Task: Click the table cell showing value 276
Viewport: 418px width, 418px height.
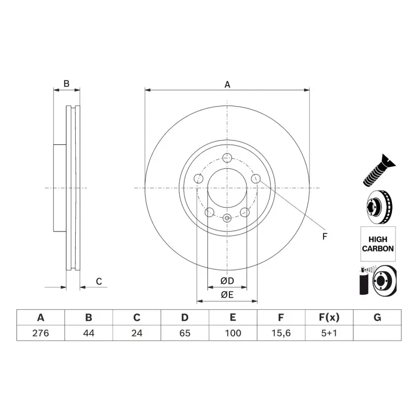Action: pyautogui.click(x=40, y=333)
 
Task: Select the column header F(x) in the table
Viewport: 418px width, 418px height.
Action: pyautogui.click(x=329, y=317)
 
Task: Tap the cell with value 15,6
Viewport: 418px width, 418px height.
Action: pyautogui.click(x=281, y=333)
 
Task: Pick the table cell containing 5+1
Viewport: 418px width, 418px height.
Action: pyautogui.click(x=329, y=333)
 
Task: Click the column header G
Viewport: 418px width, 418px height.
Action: pyautogui.click(x=377, y=317)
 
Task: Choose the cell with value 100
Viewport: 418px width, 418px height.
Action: pyautogui.click(x=233, y=333)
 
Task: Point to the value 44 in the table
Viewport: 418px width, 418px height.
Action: pyautogui.click(x=88, y=333)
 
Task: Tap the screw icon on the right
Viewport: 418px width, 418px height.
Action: pyautogui.click(x=377, y=170)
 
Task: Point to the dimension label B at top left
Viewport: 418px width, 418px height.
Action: pyautogui.click(x=66, y=84)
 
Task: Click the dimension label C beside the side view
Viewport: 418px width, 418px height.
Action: pyautogui.click(x=98, y=282)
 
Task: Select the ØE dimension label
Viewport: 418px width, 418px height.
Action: pyautogui.click(x=227, y=295)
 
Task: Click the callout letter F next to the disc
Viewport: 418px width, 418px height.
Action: pyautogui.click(x=324, y=237)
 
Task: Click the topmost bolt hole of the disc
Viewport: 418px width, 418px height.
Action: pyautogui.click(x=227, y=158)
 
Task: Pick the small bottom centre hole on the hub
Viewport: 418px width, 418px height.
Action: pyautogui.click(x=227, y=218)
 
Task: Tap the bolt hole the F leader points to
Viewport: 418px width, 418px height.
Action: pyautogui.click(x=256, y=179)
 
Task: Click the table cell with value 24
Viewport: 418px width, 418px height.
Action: pyautogui.click(x=136, y=333)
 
